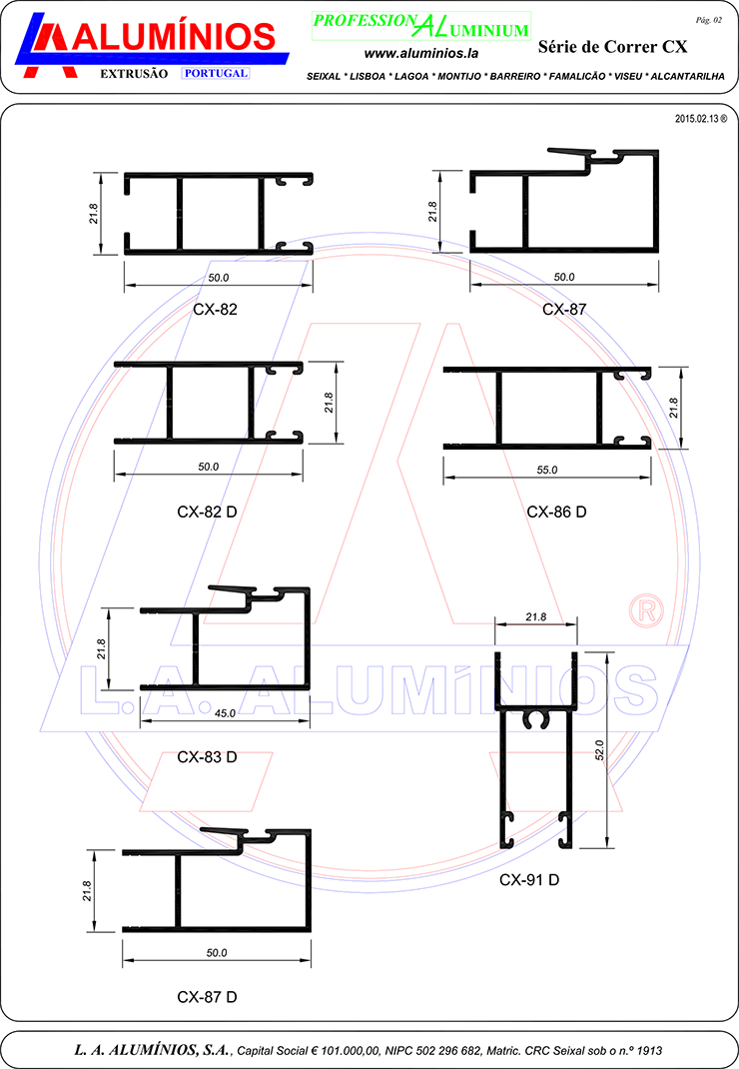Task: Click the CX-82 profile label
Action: tap(215, 309)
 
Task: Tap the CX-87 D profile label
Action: tap(207, 997)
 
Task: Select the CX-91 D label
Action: tap(529, 879)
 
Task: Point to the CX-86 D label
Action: tap(556, 512)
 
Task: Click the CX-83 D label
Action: tap(207, 756)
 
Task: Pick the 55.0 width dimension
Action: tap(546, 470)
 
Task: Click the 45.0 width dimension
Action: tap(225, 713)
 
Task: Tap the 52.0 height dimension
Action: tap(600, 750)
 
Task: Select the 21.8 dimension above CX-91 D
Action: tap(536, 617)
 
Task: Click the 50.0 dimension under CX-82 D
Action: tap(209, 467)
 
